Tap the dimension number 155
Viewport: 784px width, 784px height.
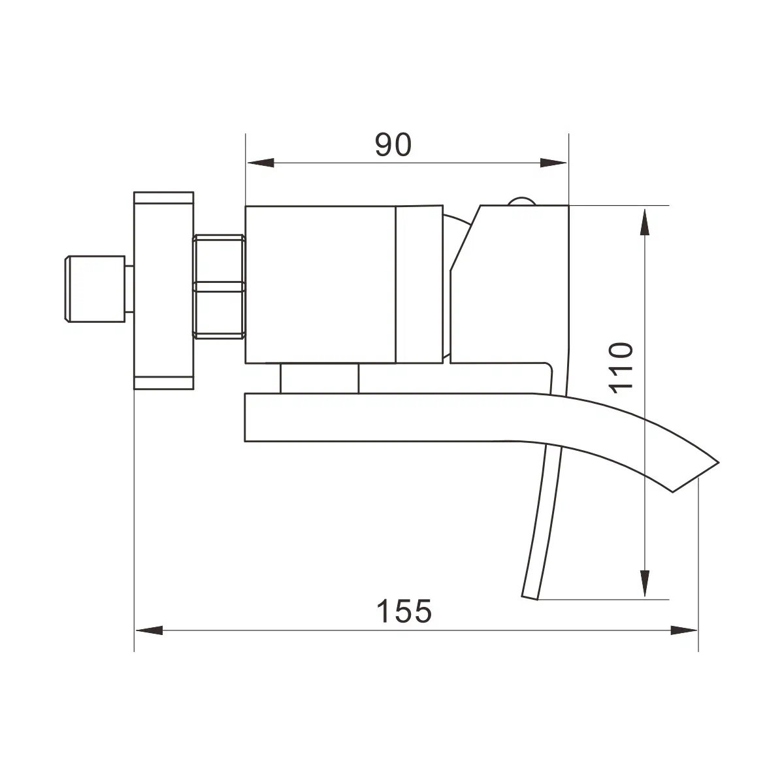click(404, 610)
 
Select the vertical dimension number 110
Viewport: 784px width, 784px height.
click(621, 368)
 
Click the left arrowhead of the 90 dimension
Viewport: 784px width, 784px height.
click(261, 163)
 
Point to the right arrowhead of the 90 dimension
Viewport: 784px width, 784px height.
click(553, 163)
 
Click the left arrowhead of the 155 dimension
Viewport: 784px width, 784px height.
click(149, 630)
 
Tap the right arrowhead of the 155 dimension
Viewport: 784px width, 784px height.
click(684, 630)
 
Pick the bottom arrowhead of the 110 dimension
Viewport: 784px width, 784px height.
click(644, 583)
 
